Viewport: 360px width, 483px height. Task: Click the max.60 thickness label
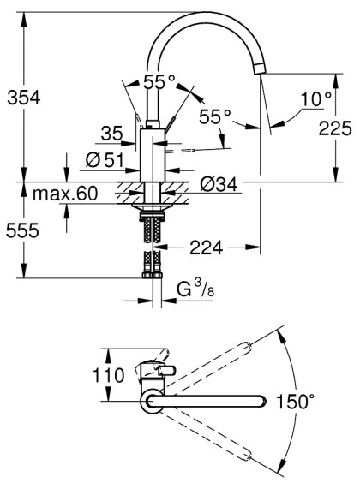[65, 194]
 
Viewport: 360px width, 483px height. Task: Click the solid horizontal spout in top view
[214, 401]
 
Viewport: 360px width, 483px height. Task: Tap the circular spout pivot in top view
[152, 400]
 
